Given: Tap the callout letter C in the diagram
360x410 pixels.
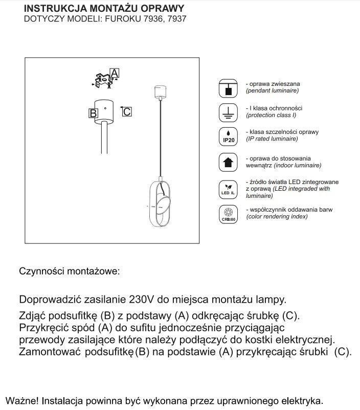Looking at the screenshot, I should tap(127, 111).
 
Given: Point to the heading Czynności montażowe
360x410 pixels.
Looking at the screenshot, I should tap(69, 271).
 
